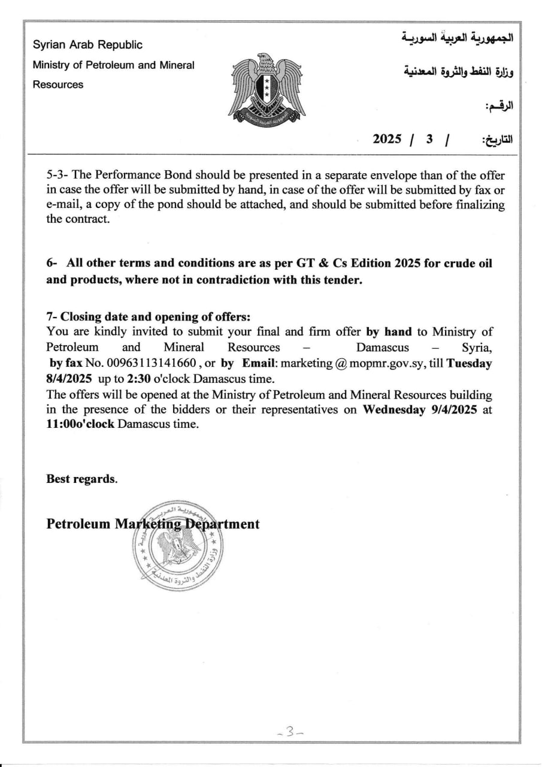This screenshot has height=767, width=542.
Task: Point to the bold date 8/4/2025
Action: (69, 379)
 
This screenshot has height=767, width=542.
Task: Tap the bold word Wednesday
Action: (395, 410)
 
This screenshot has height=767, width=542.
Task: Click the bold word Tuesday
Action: (469, 363)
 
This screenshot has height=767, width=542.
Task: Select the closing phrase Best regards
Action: (82, 479)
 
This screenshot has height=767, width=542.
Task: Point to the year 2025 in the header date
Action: (387, 139)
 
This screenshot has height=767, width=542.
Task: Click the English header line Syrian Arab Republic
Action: (87, 45)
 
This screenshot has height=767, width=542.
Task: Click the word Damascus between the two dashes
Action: (383, 348)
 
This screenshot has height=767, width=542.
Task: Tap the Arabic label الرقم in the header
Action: (499, 106)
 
